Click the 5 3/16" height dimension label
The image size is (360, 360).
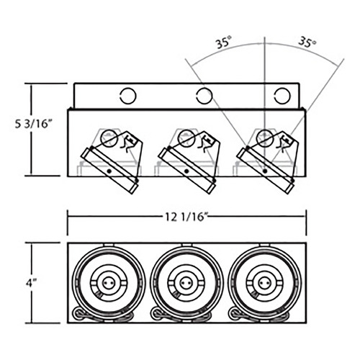[x=33, y=125]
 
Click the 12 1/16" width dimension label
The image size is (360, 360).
[x=186, y=217]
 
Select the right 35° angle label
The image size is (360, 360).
[x=307, y=42]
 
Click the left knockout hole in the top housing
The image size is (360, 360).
[x=128, y=96]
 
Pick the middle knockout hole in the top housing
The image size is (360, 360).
[x=204, y=96]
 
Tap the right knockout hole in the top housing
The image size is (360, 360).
[x=282, y=96]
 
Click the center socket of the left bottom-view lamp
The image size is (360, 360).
[x=109, y=284]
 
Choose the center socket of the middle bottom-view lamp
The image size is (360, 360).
[x=186, y=284]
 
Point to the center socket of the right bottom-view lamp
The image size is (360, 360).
[x=264, y=284]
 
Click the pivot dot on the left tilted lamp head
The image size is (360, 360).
[x=109, y=171]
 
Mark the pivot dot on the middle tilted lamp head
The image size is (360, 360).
[x=186, y=171]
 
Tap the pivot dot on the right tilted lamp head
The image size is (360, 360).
[x=265, y=171]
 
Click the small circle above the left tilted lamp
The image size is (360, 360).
[x=109, y=138]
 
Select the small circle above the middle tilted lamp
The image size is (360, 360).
[x=186, y=138]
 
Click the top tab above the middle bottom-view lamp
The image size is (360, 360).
[x=186, y=245]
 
